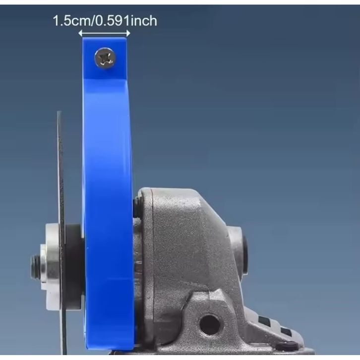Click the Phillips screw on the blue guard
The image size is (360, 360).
coord(105,58)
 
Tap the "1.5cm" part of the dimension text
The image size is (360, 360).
coord(72,21)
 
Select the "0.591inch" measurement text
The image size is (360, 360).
coord(126,21)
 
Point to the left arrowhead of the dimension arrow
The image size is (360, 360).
coord(81,34)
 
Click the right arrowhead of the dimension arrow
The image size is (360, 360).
coord(128,34)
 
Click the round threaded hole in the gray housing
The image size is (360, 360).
coord(210,325)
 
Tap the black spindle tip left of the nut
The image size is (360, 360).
coord(34,267)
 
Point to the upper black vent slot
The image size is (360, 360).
coord(264,319)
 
